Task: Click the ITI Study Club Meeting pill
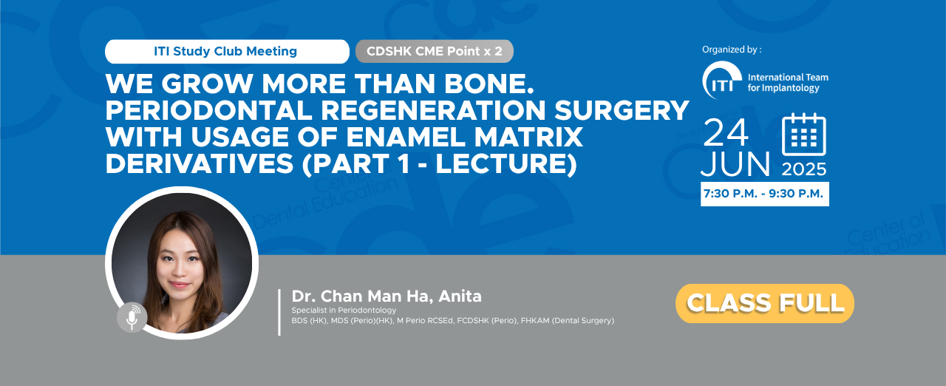(x=227, y=52)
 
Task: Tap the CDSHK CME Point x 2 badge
(x=434, y=52)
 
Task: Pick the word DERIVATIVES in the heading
(x=200, y=164)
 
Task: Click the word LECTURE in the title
(x=502, y=164)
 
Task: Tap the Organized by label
(x=732, y=50)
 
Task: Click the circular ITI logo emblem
(x=722, y=81)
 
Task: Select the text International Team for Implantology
(x=788, y=82)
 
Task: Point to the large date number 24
(x=726, y=132)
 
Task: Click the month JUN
(x=735, y=164)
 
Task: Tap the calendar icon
(x=803, y=135)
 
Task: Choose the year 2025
(x=803, y=169)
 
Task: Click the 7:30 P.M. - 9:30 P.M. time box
(x=765, y=194)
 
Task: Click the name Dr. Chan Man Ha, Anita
(x=387, y=296)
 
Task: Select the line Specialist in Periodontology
(x=344, y=310)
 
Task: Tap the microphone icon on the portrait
(x=132, y=317)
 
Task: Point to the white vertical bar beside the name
(x=279, y=312)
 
